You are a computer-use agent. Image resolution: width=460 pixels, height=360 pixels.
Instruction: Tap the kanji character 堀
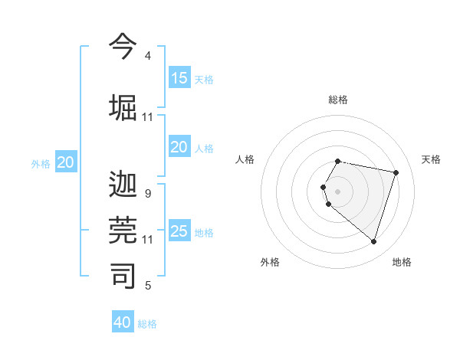123,107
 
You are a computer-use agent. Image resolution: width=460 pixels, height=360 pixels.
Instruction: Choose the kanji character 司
123,276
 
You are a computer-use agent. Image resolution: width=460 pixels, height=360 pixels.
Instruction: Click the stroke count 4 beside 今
148,56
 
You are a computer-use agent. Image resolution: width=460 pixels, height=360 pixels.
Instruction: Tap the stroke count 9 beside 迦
148,194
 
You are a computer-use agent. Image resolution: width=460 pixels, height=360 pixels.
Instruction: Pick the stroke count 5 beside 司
148,286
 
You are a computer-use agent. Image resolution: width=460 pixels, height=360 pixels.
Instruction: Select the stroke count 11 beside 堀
148,117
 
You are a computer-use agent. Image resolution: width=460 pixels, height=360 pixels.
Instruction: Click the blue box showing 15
179,78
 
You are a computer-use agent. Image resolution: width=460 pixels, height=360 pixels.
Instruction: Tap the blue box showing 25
179,231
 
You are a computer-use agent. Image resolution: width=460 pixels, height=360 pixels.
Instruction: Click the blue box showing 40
123,322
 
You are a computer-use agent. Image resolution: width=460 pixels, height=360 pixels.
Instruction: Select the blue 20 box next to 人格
179,147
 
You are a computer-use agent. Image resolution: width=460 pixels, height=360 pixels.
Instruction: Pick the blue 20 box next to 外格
66,162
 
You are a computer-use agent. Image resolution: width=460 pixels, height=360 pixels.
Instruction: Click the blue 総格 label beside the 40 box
147,324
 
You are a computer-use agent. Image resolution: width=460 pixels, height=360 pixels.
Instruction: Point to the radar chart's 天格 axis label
431,159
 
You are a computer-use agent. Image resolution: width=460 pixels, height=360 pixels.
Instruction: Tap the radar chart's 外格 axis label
270,262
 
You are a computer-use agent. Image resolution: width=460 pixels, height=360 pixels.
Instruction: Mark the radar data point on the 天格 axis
396,172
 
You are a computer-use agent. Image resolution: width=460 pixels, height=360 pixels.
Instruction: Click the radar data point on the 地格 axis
373,242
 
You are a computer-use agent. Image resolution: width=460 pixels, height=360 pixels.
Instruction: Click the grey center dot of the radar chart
338,191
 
